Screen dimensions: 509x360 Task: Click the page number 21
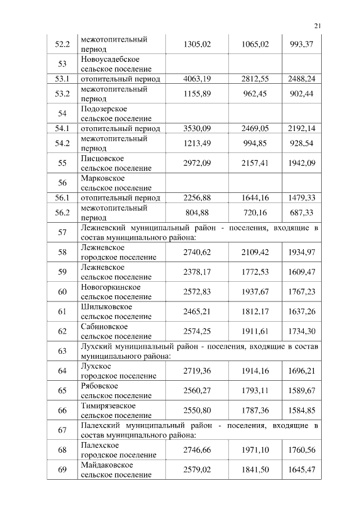317,25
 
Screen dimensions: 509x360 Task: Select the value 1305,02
197,44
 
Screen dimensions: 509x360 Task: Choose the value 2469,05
256,129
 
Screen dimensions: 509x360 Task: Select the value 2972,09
197,164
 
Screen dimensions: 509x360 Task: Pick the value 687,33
301,213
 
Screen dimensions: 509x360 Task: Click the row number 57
62,232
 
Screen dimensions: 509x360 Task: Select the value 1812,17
256,312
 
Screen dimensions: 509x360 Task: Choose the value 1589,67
301,391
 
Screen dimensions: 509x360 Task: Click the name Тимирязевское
109,406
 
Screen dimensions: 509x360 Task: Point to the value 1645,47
301,470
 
